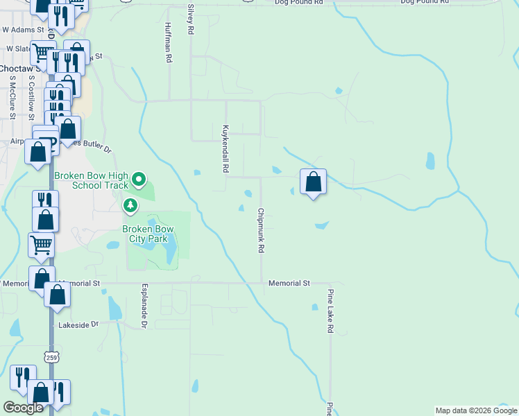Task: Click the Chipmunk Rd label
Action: click(x=262, y=230)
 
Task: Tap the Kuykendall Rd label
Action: click(x=225, y=149)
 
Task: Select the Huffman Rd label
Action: click(x=168, y=43)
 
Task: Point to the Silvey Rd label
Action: click(x=190, y=19)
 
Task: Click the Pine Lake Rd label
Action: click(x=331, y=311)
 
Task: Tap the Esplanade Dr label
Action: click(x=145, y=306)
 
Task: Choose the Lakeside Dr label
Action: click(x=79, y=324)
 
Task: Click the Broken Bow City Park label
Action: click(x=147, y=234)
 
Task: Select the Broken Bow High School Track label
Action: click(x=92, y=180)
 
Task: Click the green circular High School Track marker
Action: click(x=139, y=180)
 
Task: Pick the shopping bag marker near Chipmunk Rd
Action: click(x=314, y=182)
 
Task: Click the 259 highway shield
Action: click(x=51, y=357)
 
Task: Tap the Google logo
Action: click(x=23, y=407)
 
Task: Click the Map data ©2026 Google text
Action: click(x=475, y=410)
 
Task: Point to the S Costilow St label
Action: click(x=31, y=100)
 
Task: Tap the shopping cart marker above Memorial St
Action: click(x=41, y=245)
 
